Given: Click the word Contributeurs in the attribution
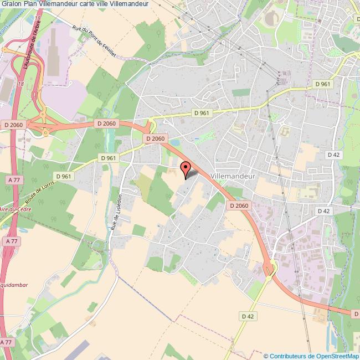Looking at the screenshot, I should click(x=289, y=356).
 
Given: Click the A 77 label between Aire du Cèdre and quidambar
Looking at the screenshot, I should click(x=11, y=241).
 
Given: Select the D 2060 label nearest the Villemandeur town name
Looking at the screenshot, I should click(x=239, y=205).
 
